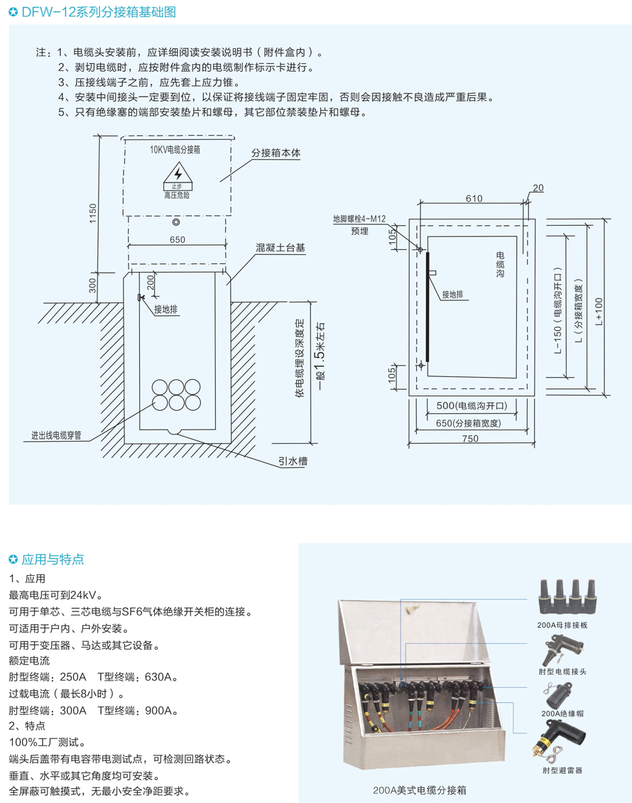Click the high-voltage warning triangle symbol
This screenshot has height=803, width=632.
coord(177,174)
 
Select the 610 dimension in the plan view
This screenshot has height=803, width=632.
coord(474,199)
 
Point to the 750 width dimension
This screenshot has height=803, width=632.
coord(470,439)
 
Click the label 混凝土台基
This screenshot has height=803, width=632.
coord(280,248)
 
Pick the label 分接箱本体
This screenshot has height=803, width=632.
coord(276,153)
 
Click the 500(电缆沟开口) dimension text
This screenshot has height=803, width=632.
coord(467,407)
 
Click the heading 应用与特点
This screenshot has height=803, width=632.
coord(53,559)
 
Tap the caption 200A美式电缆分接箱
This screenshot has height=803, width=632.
coord(419,790)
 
